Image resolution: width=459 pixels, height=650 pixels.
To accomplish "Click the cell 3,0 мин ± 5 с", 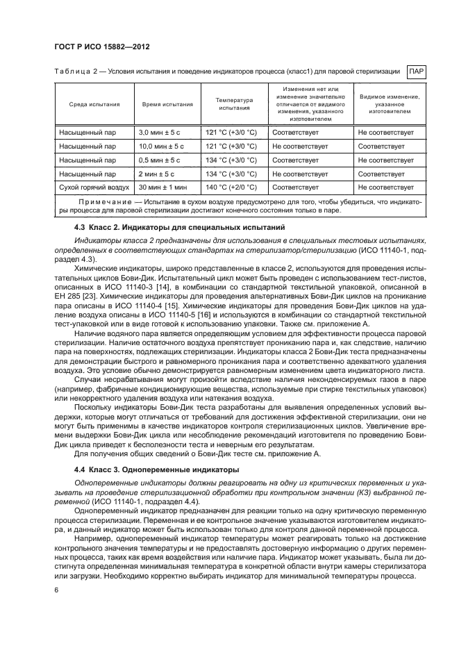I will click(x=161, y=132).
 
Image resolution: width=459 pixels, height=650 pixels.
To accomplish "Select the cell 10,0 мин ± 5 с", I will click(x=163, y=147).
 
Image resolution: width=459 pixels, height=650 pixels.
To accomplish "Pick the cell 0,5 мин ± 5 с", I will click(x=161, y=160).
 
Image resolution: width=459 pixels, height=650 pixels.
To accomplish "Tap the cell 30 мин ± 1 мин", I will click(x=163, y=187).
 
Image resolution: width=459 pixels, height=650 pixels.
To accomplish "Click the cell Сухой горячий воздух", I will click(x=94, y=187).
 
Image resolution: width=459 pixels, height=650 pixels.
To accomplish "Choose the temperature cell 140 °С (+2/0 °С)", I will click(x=231, y=187).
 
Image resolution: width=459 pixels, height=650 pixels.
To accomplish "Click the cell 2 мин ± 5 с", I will click(x=157, y=174).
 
